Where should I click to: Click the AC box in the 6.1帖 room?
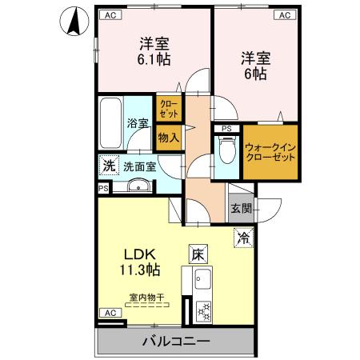point(109,14)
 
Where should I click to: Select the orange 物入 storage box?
point(168,138)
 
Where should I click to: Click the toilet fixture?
point(226,150)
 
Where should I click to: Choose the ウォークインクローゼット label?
point(270,151)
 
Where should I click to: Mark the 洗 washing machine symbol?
point(108,166)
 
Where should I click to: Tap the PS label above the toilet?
point(226,129)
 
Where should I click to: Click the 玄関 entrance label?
point(241,210)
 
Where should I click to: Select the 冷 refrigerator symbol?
point(243,237)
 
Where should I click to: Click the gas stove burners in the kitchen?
point(202,308)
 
